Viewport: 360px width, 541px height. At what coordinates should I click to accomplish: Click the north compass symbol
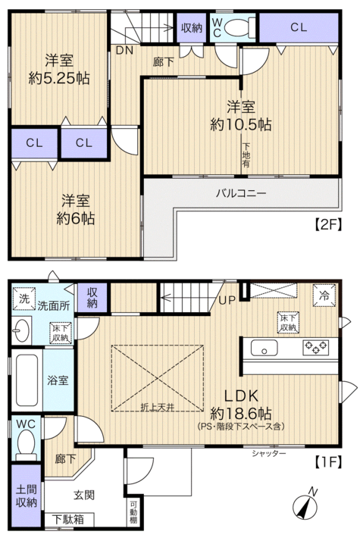(x=305, y=505)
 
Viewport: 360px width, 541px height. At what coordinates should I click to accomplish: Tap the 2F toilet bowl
(x=239, y=27)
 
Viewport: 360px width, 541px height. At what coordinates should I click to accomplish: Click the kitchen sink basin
(x=264, y=348)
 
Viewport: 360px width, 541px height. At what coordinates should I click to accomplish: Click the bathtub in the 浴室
(x=27, y=380)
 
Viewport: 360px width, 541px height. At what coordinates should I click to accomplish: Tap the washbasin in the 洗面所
(x=21, y=330)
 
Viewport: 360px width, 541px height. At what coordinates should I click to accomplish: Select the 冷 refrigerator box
(x=324, y=296)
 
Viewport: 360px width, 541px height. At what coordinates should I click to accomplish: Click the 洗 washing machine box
(x=23, y=299)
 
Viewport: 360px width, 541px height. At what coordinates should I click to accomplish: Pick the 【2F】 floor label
(x=328, y=224)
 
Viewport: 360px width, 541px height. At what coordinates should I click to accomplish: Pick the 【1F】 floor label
(x=328, y=461)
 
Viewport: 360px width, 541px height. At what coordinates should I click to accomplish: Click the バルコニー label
(x=241, y=193)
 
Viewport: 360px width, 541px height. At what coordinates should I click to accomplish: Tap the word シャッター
(x=269, y=453)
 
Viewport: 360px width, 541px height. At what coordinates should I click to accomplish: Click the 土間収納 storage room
(x=27, y=496)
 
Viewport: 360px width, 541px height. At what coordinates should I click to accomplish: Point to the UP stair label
(x=227, y=300)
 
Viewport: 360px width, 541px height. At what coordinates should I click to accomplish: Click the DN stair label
(x=124, y=50)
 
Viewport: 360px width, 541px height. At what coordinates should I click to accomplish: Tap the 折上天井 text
(x=157, y=408)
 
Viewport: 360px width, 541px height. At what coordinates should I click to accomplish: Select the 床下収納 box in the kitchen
(x=288, y=323)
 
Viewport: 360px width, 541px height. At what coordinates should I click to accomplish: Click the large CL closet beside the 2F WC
(x=299, y=27)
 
